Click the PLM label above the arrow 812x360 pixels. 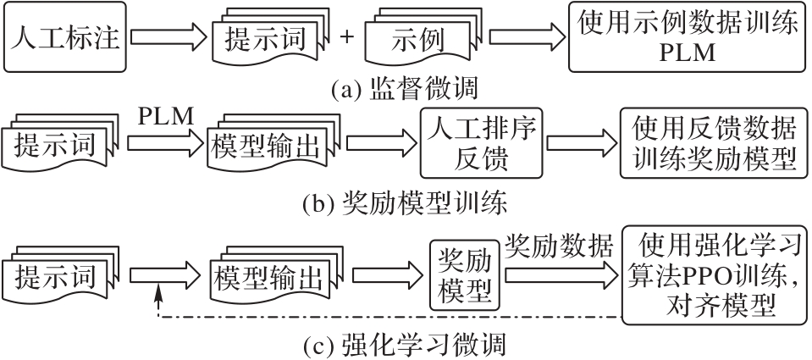tap(162, 116)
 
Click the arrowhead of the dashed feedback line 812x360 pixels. tap(159, 291)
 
